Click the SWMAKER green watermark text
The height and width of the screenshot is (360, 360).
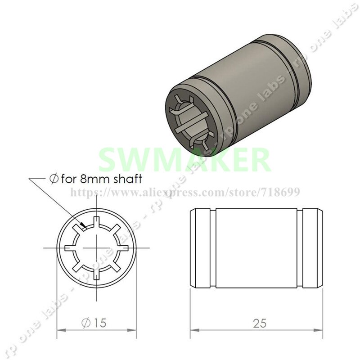pos(184,158)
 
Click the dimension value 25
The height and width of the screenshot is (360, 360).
pos(260,323)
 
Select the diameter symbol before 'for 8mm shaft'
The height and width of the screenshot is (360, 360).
pos(53,179)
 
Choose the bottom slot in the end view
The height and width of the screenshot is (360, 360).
pos(96,274)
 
